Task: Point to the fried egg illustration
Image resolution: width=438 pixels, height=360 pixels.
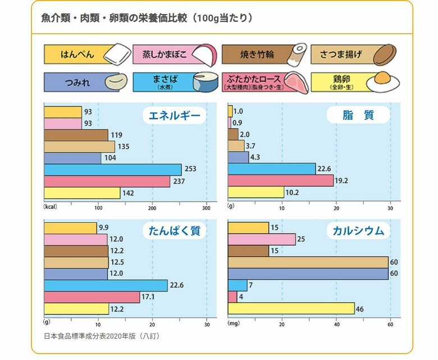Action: (x=383, y=81)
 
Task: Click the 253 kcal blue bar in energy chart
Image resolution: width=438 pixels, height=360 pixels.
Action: (x=112, y=169)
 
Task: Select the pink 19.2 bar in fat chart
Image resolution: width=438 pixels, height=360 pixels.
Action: (x=281, y=181)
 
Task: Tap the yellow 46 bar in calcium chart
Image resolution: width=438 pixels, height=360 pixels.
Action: (x=291, y=308)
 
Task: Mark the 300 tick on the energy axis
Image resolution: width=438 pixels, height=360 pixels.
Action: (x=207, y=207)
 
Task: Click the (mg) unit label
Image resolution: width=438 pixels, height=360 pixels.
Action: (x=234, y=323)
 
